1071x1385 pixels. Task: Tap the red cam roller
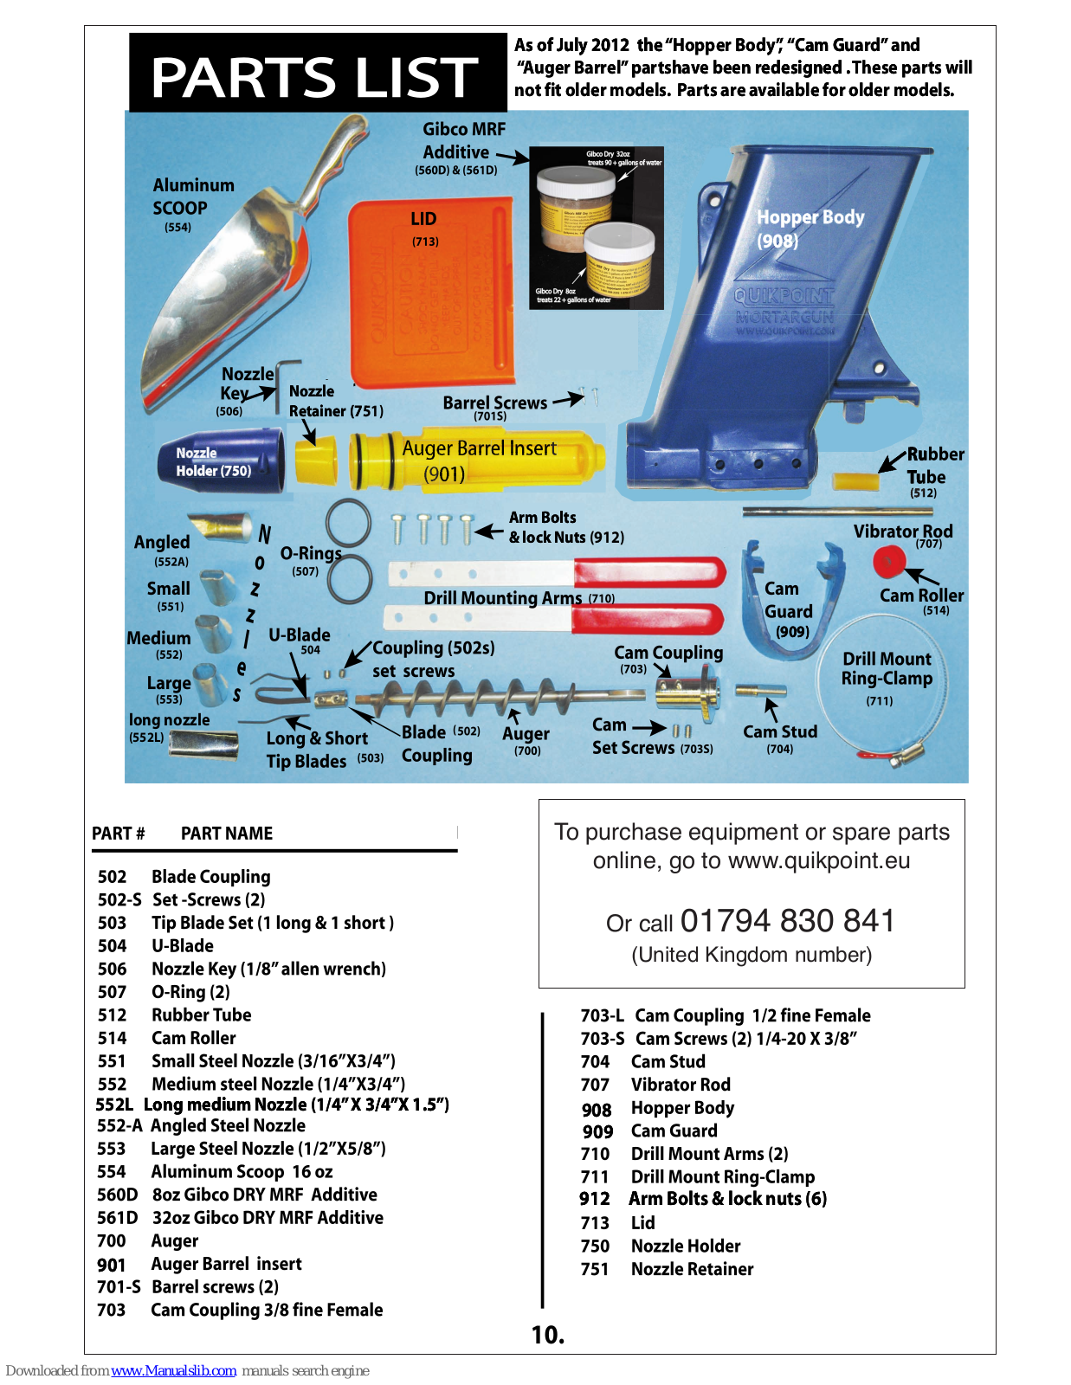click(888, 562)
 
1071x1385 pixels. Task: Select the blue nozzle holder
click(221, 462)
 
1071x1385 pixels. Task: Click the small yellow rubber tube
click(855, 480)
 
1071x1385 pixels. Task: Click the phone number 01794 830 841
click(787, 920)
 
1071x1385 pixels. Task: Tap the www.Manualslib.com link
click(173, 1370)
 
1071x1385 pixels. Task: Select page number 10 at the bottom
click(547, 1335)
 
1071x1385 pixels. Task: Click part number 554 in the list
click(112, 1171)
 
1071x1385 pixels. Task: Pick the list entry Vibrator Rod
click(681, 1085)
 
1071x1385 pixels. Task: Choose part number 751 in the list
click(595, 1269)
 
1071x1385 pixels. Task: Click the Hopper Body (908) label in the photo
click(810, 229)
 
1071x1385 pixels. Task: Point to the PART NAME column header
click(227, 834)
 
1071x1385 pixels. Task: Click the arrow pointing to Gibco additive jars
click(512, 157)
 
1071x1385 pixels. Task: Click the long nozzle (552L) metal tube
click(205, 743)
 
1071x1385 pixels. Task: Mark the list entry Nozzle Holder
click(686, 1246)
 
